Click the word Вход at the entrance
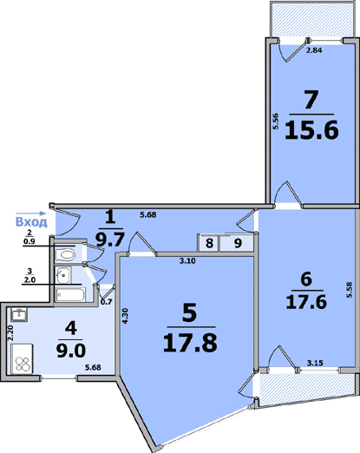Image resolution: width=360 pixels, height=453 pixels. [31, 222]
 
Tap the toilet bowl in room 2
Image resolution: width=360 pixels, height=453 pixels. [65, 254]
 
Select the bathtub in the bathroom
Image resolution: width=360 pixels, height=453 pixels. [70, 294]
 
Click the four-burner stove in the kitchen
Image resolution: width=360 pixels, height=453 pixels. [22, 358]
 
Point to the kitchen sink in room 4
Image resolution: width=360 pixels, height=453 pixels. [19, 314]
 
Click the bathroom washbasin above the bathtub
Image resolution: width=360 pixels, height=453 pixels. [63, 275]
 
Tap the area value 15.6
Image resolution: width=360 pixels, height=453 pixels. [311, 130]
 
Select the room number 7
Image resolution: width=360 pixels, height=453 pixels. [311, 100]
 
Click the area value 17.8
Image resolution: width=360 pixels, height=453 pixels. [190, 343]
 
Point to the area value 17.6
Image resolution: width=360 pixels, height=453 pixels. [306, 302]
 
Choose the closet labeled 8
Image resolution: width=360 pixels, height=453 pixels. [209, 243]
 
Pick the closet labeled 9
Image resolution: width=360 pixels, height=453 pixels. [237, 243]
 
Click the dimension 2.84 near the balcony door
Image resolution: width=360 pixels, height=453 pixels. [314, 50]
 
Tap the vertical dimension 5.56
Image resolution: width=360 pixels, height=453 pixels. [276, 121]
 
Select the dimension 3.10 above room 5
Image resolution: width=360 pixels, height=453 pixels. [187, 261]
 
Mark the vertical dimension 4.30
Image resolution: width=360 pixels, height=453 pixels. [124, 316]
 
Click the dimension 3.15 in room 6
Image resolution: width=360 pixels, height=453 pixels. [315, 363]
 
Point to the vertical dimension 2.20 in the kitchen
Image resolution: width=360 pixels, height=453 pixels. [10, 333]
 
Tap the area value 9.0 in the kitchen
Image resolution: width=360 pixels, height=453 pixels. [71, 351]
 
